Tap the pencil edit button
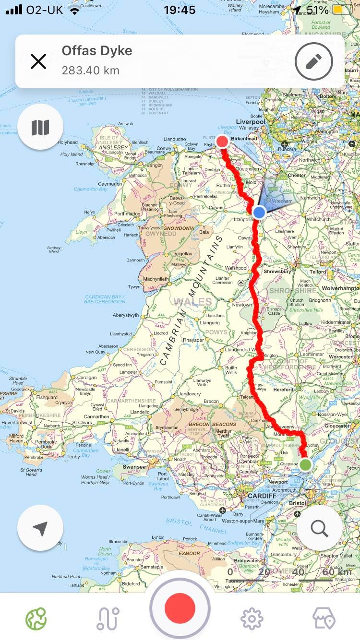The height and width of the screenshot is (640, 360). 314,61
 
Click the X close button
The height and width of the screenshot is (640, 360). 38,61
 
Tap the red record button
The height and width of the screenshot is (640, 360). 180,608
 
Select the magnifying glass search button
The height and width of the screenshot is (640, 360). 319,528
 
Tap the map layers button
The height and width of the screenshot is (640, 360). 40,127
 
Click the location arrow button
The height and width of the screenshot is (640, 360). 40,528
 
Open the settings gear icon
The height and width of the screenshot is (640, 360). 252,619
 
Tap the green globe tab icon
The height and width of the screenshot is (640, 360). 36,619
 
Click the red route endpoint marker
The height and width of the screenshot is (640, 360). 222,142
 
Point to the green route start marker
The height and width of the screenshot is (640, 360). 306,464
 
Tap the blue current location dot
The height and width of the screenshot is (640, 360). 259,212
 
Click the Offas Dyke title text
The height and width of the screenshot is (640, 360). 97,51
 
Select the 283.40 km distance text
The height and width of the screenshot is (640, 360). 90,71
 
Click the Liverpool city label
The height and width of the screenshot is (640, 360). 251,122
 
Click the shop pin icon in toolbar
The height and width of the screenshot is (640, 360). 324,619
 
